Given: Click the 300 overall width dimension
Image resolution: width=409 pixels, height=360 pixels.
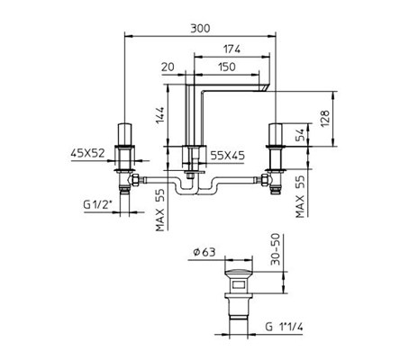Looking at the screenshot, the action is coord(200,29).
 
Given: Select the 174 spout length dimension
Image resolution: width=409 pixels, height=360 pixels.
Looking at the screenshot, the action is coord(232,49).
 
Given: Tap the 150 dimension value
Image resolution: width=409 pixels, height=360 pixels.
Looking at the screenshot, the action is coord(227,67).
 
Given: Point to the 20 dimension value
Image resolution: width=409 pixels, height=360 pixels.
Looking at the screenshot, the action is coord(168,67).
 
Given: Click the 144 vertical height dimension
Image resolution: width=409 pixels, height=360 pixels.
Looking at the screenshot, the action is coord(160,116).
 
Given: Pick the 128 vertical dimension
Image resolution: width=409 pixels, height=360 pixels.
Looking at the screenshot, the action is coord(325,119).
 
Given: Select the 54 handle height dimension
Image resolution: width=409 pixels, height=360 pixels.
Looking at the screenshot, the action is coord(300,135).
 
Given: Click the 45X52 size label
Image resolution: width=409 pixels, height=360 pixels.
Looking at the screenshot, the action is coord(87,153).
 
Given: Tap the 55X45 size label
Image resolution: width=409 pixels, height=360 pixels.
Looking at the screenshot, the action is coord(227,156).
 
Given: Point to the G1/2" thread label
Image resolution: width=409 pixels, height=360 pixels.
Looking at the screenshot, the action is coord(98,205).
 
